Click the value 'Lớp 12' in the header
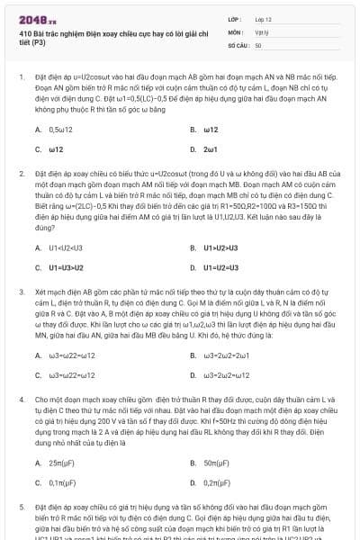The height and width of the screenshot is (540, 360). [x=262, y=18]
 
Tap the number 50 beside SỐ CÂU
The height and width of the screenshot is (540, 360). [x=258, y=44]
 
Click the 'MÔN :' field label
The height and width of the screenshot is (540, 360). [x=235, y=31]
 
